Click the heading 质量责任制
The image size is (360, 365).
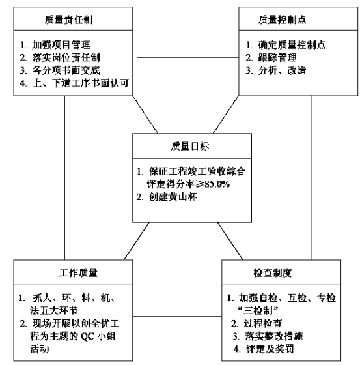coord(69,20)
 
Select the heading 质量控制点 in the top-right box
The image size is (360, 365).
coord(282,20)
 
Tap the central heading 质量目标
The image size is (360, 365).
coord(190,147)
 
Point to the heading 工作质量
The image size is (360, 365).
coord(78,273)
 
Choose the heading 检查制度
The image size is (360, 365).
coord(273,273)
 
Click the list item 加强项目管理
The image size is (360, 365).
coord(61,45)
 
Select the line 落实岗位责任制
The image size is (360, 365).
coord(66,58)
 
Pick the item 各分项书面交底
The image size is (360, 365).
coord(66,70)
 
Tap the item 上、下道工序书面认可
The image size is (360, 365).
coord(81,83)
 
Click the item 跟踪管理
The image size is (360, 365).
coord(277,58)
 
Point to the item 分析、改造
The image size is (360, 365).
coord(282,70)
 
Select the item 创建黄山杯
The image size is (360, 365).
coord(173,197)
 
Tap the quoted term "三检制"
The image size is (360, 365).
coord(258,310)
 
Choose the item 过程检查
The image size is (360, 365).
coord(263,323)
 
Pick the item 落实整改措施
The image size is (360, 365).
coord(273,336)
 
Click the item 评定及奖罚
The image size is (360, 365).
coord(270,349)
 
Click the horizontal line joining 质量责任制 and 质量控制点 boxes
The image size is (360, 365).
coord(187,57)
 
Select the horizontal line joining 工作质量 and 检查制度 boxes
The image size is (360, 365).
coord(177,316)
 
